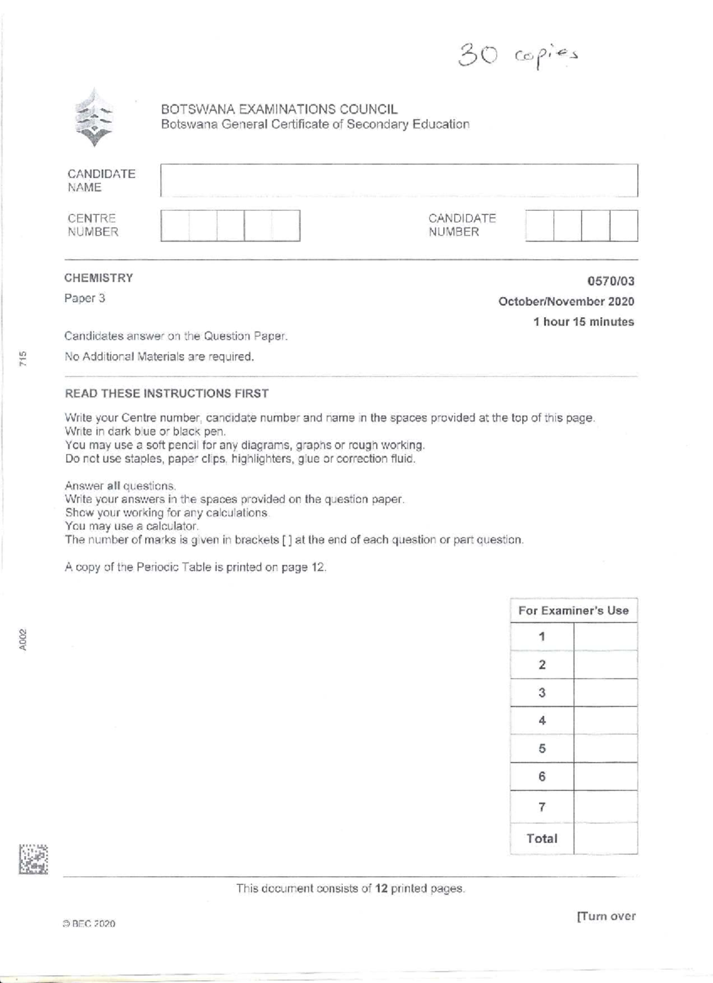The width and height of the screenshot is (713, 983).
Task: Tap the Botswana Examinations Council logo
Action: click(x=94, y=118)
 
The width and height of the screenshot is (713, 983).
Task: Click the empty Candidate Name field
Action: click(x=399, y=181)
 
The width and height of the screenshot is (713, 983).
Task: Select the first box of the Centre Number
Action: click(x=175, y=226)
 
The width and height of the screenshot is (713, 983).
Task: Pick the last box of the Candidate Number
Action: click(x=624, y=226)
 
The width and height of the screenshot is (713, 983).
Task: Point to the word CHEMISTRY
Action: click(x=99, y=278)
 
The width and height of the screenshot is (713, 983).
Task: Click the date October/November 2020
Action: click(x=566, y=302)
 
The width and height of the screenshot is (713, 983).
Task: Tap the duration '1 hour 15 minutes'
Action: click(x=583, y=322)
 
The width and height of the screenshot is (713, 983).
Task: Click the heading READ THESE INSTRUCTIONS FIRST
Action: click(x=166, y=393)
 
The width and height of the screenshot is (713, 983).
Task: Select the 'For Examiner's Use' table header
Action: click(x=573, y=611)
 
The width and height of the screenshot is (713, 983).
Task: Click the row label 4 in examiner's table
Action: click(x=542, y=720)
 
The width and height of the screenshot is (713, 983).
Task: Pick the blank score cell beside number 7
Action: click(x=605, y=807)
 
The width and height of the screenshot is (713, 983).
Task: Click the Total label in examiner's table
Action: click(x=542, y=839)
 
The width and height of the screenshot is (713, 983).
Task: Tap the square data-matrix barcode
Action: click(x=33, y=859)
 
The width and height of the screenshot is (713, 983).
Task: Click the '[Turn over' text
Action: click(x=605, y=916)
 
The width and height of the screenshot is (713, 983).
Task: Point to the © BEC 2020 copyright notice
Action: click(x=89, y=924)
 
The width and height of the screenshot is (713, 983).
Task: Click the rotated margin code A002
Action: click(x=22, y=640)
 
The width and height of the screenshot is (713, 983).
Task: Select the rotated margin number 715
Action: click(x=22, y=359)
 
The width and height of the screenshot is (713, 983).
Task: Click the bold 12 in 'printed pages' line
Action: click(x=381, y=889)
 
